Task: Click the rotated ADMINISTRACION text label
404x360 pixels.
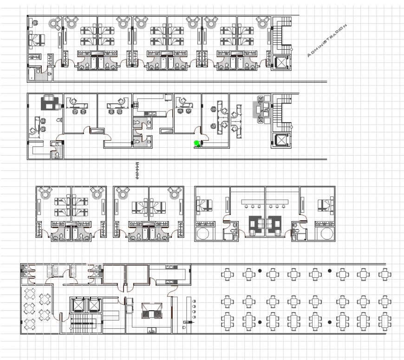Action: pyautogui.click(x=328, y=41)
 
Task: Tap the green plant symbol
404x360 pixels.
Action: pyautogui.click(x=197, y=144)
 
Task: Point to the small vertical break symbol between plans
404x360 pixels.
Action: pyautogui.click(x=137, y=170)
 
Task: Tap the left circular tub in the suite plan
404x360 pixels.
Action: pyautogui.click(x=205, y=233)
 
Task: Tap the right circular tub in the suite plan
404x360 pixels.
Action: pyautogui.click(x=326, y=233)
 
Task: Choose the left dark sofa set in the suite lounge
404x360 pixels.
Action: pyautogui.click(x=255, y=223)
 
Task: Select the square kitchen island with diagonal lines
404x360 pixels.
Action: pyautogui.click(x=151, y=310)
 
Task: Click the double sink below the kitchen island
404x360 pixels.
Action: pyautogui.click(x=151, y=330)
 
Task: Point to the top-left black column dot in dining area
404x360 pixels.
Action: pyautogui.click(x=260, y=270)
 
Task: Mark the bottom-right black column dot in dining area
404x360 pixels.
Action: pyautogui.click(x=330, y=322)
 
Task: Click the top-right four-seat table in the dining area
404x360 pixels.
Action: pyautogui.click(x=384, y=274)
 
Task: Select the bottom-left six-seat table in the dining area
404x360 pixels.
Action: pyautogui.click(x=227, y=320)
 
